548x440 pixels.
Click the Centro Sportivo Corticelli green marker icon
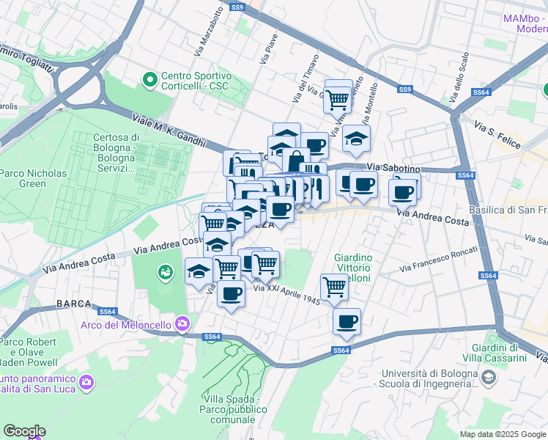150,77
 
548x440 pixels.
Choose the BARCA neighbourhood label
73,304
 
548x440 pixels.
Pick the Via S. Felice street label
496,133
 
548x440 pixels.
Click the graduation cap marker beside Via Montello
356,139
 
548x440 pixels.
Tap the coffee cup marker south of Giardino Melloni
347,321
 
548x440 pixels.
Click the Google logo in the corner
23,431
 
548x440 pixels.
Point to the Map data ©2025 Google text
502,434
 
